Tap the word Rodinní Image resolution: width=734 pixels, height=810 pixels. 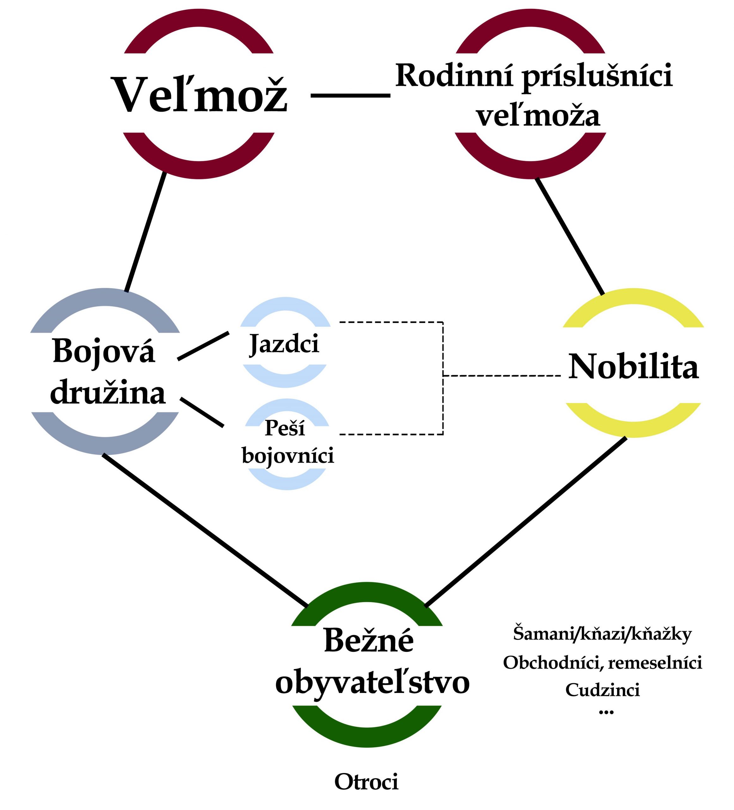click(454, 76)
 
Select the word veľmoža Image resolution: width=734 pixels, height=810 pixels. click(538, 116)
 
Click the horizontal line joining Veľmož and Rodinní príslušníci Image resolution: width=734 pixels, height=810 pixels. click(350, 96)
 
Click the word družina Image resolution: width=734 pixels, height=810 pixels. click(107, 393)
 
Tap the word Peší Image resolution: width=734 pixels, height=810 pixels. click(284, 428)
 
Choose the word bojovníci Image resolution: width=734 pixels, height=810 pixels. click(288, 456)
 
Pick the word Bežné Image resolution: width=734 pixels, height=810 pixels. click(368, 640)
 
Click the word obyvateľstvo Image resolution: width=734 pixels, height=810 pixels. click(372, 682)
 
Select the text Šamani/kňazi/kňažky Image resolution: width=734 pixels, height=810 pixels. click(602, 634)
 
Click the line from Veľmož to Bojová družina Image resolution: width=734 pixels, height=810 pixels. click(146, 232)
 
